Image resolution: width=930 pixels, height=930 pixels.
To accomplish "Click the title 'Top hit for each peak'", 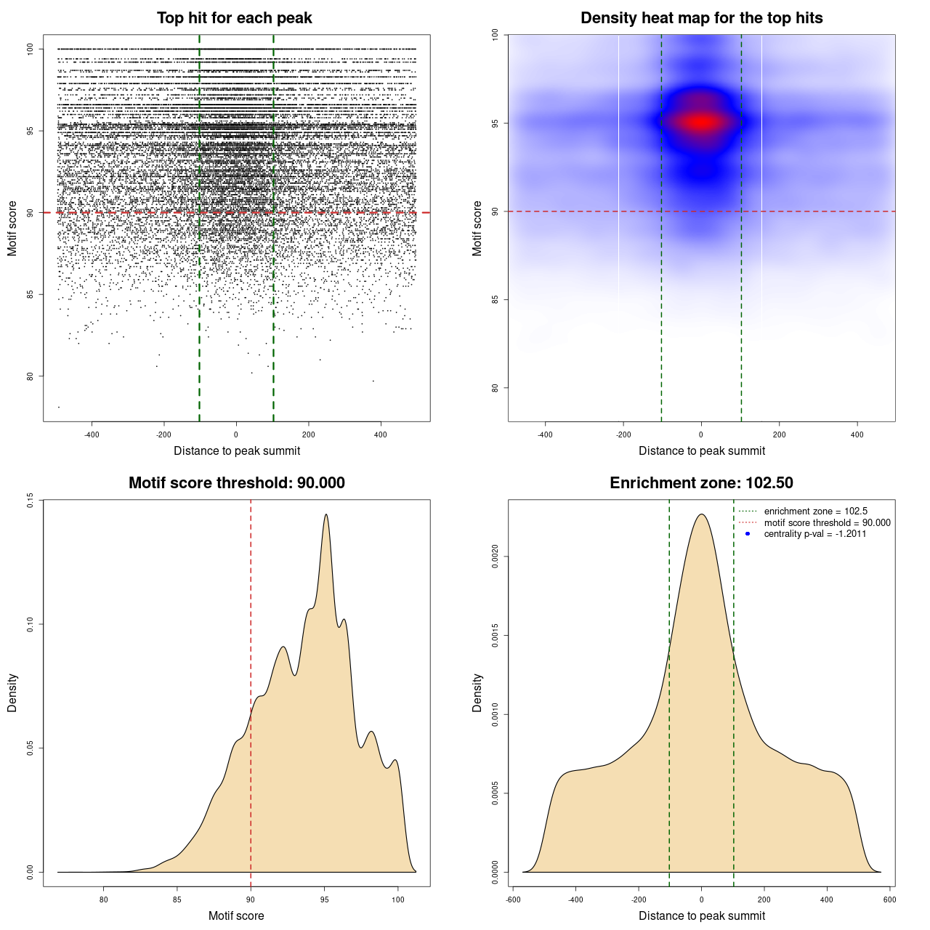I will (234, 18).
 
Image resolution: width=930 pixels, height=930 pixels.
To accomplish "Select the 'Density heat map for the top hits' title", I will (701, 18).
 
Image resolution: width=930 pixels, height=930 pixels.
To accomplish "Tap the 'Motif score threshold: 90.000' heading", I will (236, 483).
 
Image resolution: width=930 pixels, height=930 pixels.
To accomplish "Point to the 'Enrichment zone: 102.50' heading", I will (701, 483).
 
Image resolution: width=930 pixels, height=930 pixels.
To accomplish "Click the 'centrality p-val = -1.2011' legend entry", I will (814, 534).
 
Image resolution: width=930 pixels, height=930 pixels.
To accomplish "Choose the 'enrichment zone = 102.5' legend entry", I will (815, 511).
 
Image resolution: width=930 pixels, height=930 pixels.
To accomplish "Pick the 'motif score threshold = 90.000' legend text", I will (827, 522).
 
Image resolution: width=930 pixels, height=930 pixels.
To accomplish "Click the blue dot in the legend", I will (748, 534).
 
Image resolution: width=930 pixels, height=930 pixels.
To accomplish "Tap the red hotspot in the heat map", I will (701, 122).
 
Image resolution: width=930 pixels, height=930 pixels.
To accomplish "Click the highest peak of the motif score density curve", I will (326, 514).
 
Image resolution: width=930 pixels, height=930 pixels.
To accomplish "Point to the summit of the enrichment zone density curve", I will (701, 514).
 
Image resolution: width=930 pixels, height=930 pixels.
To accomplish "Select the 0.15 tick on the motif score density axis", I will (30, 500).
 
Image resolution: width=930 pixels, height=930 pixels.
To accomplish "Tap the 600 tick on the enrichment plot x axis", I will (889, 899).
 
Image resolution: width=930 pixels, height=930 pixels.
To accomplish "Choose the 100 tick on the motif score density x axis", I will (397, 899).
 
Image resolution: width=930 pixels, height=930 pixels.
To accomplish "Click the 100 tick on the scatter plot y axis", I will (30, 49).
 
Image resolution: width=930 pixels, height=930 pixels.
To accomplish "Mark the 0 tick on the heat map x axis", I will (701, 434).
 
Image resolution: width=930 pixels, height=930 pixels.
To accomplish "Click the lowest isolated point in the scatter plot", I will (59, 407).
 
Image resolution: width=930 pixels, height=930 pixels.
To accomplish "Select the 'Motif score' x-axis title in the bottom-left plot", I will (236, 915).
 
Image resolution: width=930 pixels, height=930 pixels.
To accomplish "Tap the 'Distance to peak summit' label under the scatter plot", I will (237, 450).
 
